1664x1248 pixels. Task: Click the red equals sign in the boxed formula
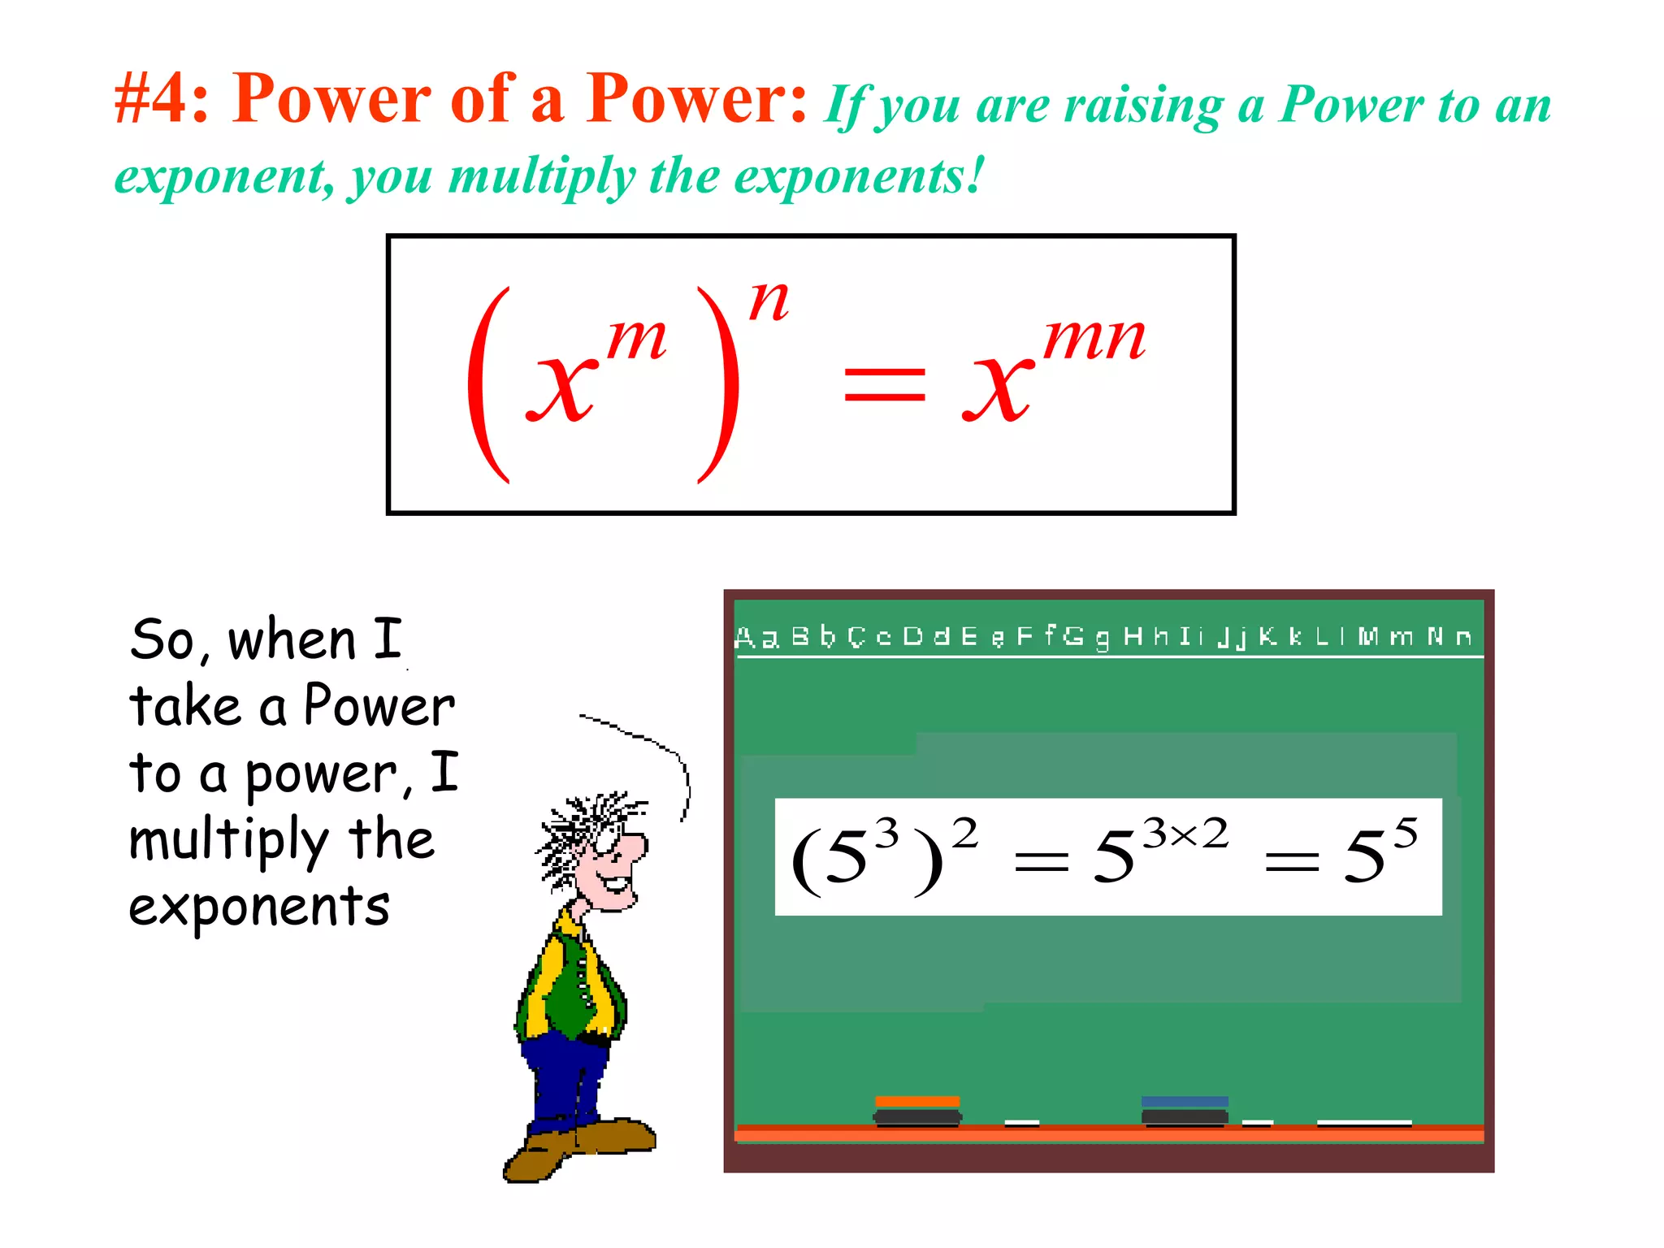(x=884, y=384)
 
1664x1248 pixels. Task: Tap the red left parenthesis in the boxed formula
(x=487, y=384)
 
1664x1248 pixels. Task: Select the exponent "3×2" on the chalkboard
(x=1185, y=834)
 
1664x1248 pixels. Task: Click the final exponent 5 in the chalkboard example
(x=1406, y=834)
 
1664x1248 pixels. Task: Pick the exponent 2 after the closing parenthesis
(x=964, y=834)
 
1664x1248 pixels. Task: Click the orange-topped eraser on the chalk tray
(x=917, y=1110)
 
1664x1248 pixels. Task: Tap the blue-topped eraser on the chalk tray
(x=1185, y=1110)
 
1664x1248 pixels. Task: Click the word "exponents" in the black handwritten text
(x=259, y=907)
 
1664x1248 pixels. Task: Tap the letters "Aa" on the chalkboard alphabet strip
(x=756, y=637)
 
